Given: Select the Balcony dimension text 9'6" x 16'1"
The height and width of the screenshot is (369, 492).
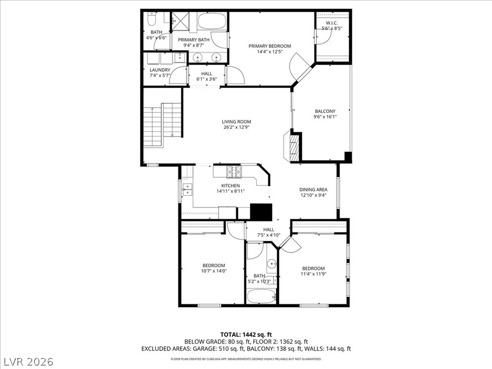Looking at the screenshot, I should coord(325,117).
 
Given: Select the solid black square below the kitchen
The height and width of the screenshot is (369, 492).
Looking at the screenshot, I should coord(261,212).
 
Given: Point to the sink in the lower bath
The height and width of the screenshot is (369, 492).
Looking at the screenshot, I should coord(272,263).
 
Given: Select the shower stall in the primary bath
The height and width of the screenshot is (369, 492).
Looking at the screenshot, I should coord(182,21).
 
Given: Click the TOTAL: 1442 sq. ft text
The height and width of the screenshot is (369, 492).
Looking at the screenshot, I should coord(246,334).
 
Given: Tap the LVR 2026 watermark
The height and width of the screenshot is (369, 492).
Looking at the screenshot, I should coord(29,361).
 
